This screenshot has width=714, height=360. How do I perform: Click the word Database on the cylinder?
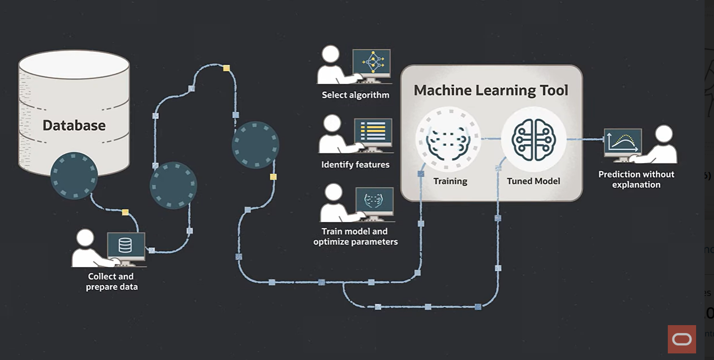74,125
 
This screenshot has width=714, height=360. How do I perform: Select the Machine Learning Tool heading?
491,90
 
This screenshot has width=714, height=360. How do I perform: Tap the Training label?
450,181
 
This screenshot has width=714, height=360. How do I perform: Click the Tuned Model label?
533,181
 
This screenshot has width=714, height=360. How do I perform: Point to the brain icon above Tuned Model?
533,139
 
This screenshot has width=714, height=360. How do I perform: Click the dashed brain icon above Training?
448,139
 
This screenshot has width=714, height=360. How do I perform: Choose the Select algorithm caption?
355,95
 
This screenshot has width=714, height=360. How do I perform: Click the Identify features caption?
355,164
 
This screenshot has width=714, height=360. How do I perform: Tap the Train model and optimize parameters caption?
355,237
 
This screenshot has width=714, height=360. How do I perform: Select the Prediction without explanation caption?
636,180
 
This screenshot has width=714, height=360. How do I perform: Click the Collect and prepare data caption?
111,281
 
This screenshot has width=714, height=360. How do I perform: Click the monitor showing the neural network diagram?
371,61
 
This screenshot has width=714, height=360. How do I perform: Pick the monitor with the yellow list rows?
373,131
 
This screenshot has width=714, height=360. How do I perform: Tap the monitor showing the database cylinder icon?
125,245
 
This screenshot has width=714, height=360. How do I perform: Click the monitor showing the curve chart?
623,141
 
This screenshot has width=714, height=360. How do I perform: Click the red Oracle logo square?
681,339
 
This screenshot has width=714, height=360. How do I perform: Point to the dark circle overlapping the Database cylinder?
74,176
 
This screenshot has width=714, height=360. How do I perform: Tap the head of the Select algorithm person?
331,54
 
